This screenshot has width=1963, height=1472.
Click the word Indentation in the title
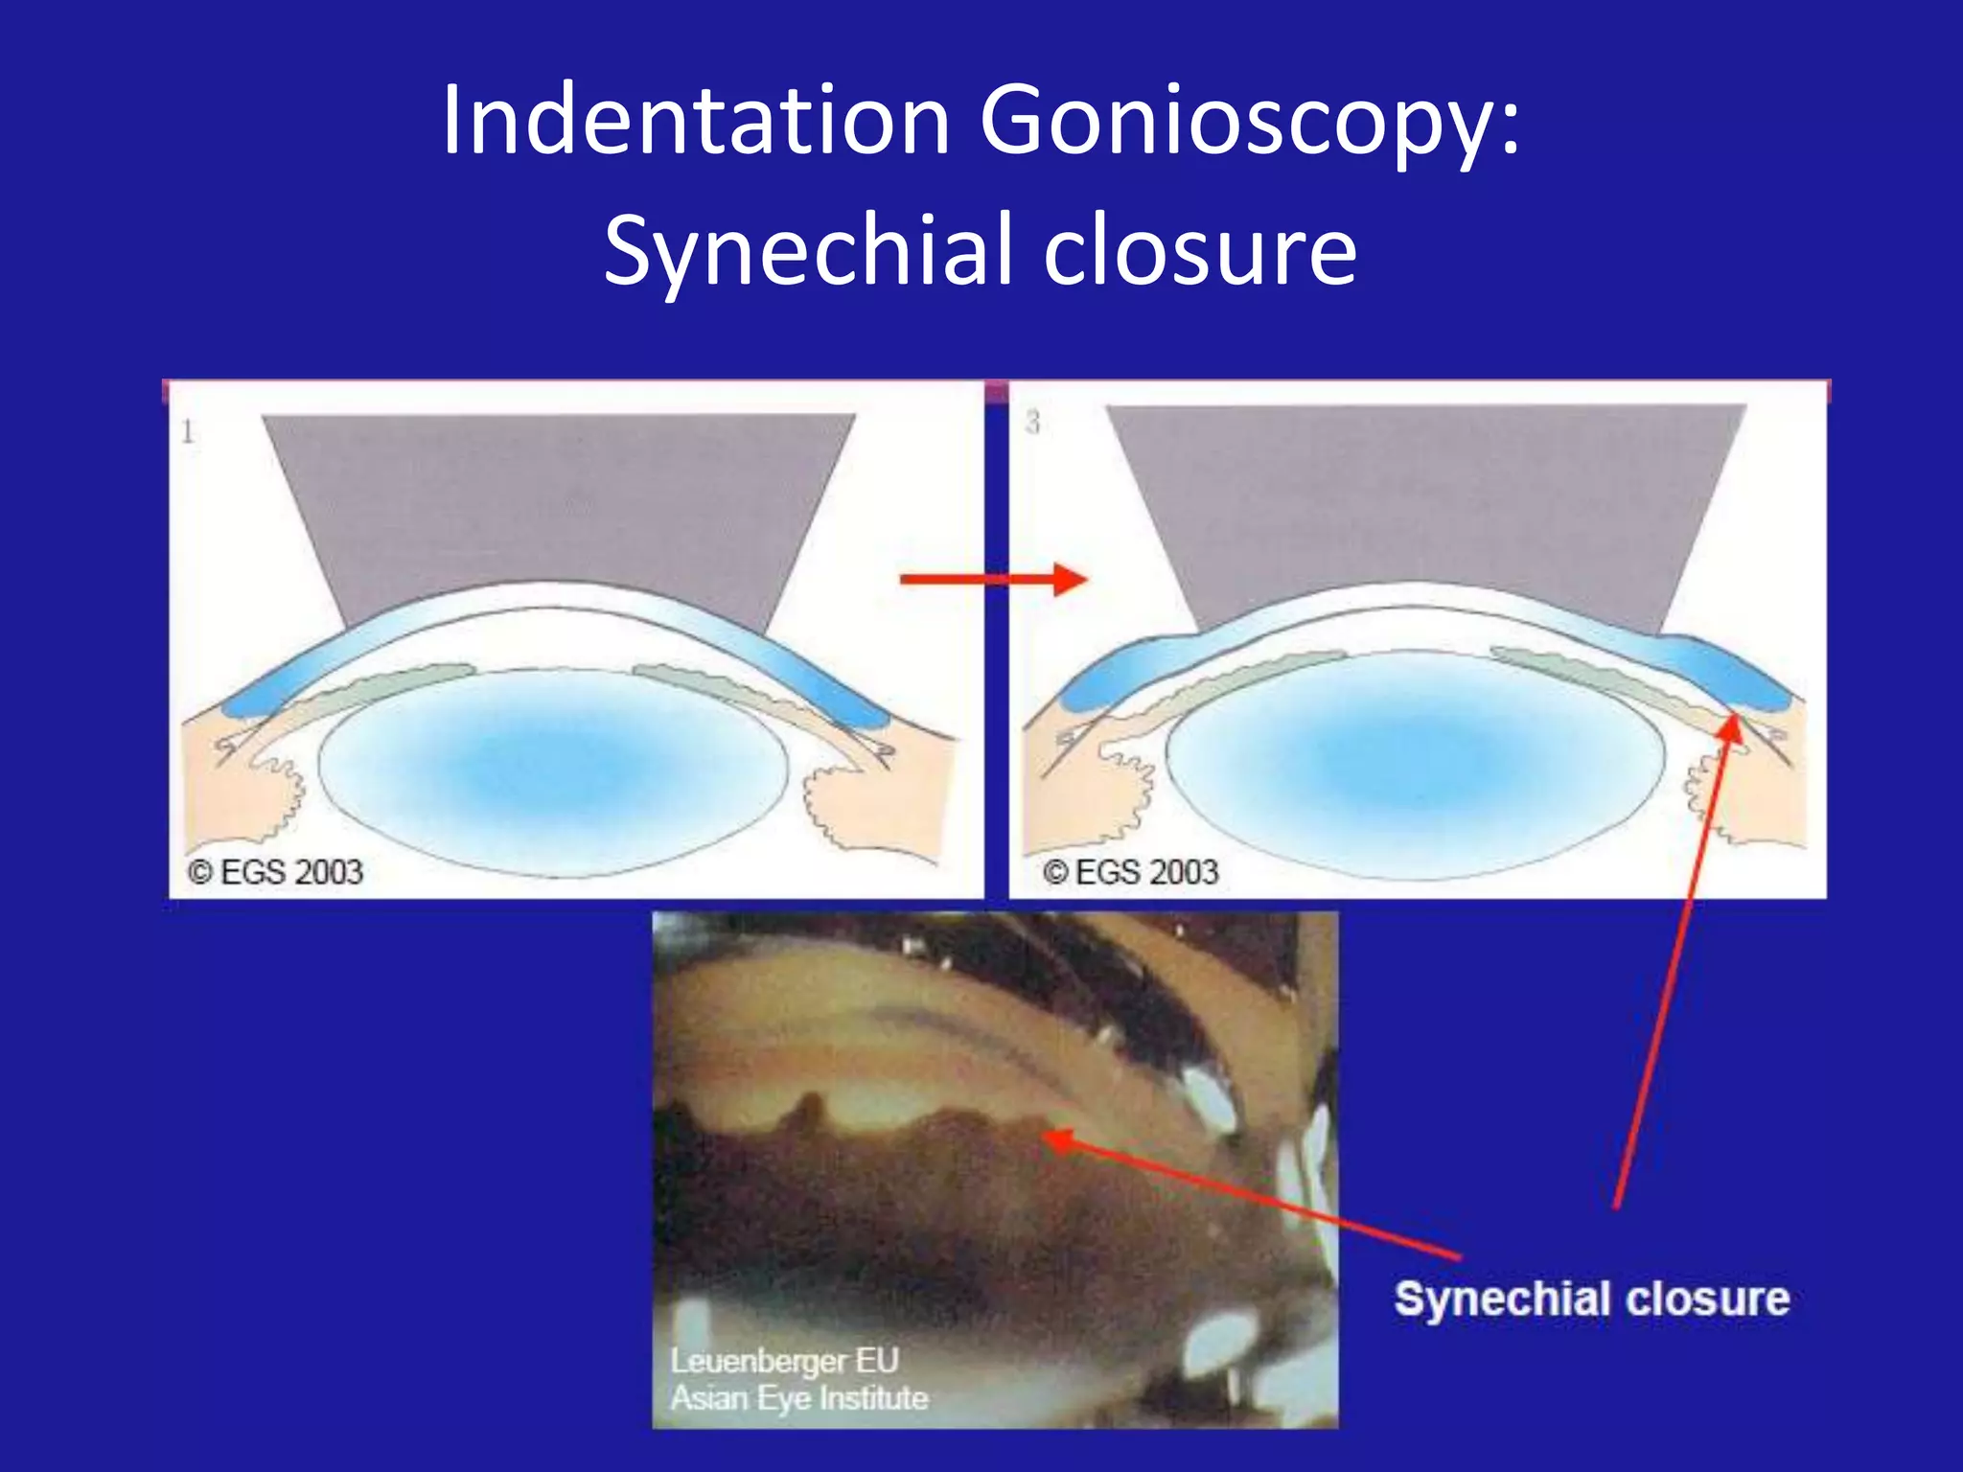point(696,121)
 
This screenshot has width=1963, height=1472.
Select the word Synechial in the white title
point(808,251)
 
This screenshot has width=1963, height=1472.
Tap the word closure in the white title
point(1200,251)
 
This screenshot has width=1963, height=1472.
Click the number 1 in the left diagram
point(188,432)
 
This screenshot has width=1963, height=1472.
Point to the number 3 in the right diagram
point(1032,423)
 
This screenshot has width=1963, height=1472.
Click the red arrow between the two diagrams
point(993,579)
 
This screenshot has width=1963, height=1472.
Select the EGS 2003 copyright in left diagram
point(276,872)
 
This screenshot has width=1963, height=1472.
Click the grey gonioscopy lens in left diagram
point(559,498)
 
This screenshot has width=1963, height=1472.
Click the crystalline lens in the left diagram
point(554,767)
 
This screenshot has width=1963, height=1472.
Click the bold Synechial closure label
point(1591,1300)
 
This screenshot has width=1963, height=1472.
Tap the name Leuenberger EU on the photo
point(784,1361)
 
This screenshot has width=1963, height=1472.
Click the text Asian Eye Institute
point(799,1398)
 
